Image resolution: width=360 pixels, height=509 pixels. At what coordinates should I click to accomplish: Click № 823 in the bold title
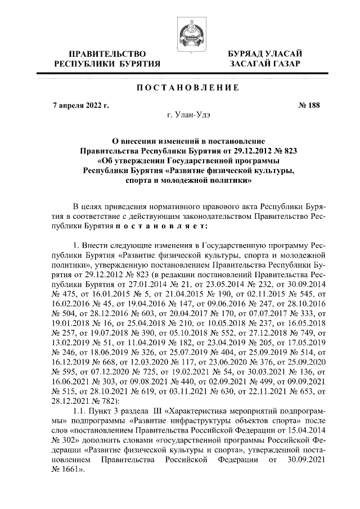285,151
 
